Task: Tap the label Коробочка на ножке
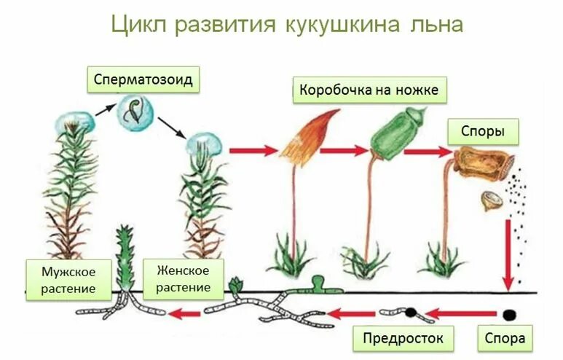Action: coord(369,90)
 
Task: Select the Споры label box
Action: coord(483,132)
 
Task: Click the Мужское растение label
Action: coord(69,280)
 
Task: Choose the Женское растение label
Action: coord(183,278)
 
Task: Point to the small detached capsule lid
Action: coord(493,200)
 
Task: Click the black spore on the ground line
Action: coord(508,314)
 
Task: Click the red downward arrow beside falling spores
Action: coord(508,254)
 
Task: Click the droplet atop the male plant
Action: coord(75,122)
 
